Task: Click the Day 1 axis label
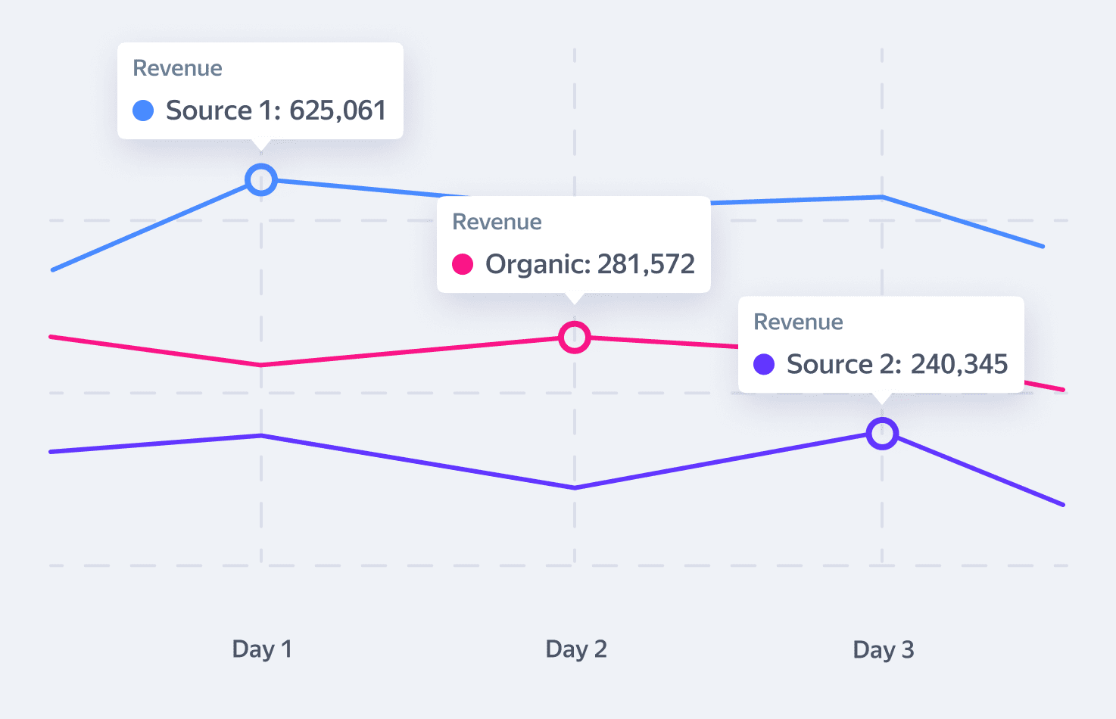pyautogui.click(x=262, y=649)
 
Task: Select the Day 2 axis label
pyautogui.click(x=576, y=649)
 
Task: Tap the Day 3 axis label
pyautogui.click(x=884, y=650)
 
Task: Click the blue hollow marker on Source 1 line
pyautogui.click(x=261, y=179)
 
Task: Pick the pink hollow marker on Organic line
pyautogui.click(x=575, y=337)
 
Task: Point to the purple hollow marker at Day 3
pyautogui.click(x=882, y=434)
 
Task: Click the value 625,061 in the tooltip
pyautogui.click(x=338, y=110)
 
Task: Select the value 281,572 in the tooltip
pyautogui.click(x=646, y=264)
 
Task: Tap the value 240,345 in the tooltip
pyautogui.click(x=959, y=364)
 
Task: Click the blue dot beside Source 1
pyautogui.click(x=143, y=110)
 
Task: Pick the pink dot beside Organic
pyautogui.click(x=463, y=264)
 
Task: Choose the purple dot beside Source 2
pyautogui.click(x=764, y=364)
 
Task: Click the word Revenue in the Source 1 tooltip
pyautogui.click(x=178, y=68)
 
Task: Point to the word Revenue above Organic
pyautogui.click(x=497, y=222)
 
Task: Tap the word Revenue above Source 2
pyautogui.click(x=798, y=322)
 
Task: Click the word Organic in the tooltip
pyautogui.click(x=536, y=264)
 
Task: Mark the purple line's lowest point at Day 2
pyautogui.click(x=575, y=488)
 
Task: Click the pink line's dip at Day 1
pyautogui.click(x=261, y=365)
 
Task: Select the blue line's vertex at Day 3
pyautogui.click(x=882, y=197)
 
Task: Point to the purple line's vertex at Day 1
pyautogui.click(x=261, y=435)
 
